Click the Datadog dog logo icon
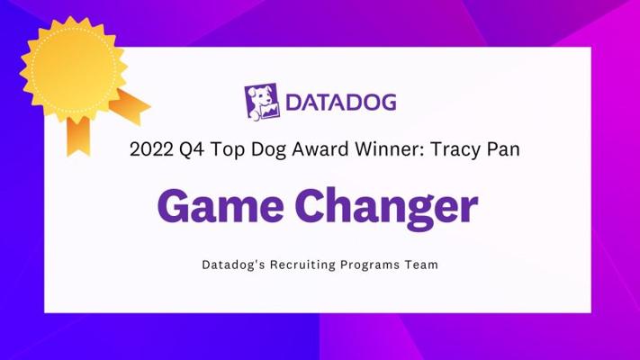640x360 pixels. (x=262, y=102)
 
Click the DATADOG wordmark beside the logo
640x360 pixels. (x=341, y=102)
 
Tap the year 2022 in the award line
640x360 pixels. (x=151, y=149)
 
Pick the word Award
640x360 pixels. (x=320, y=149)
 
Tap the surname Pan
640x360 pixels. (x=503, y=149)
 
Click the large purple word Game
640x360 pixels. (x=221, y=206)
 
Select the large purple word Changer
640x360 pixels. (x=386, y=208)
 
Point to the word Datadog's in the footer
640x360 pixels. (x=232, y=265)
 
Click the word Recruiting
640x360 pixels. (x=302, y=265)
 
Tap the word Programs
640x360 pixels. (x=370, y=265)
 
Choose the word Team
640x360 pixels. (x=421, y=265)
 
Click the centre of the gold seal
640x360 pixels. (x=73, y=68)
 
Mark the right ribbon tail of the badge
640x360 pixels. (x=131, y=106)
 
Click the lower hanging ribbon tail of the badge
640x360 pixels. (x=78, y=136)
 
